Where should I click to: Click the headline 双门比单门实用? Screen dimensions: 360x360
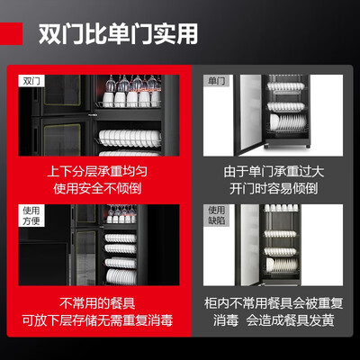(118, 33)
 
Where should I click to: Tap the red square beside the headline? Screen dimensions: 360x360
(11, 33)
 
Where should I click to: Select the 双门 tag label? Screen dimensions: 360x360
(31, 81)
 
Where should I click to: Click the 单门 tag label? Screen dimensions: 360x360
(216, 81)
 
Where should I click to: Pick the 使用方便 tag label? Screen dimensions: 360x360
(31, 215)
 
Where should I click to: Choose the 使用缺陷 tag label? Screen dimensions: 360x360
(216, 215)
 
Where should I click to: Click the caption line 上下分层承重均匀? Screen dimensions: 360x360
(97, 172)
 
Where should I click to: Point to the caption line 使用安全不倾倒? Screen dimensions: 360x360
(97, 189)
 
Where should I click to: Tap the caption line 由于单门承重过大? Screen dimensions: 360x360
(274, 172)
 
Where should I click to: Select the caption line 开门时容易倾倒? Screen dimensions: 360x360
(274, 189)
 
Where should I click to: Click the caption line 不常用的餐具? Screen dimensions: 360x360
(97, 303)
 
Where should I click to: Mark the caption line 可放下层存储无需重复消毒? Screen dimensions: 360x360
(97, 320)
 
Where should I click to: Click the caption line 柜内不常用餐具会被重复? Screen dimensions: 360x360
(274, 303)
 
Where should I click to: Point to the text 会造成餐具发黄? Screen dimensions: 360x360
(290, 320)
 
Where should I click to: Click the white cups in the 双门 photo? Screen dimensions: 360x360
(131, 99)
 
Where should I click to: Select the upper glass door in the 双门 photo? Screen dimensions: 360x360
(62, 90)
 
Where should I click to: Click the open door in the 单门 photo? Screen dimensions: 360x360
(250, 114)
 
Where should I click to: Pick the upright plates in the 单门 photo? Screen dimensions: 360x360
(287, 121)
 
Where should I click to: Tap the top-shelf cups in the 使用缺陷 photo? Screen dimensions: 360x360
(281, 208)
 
